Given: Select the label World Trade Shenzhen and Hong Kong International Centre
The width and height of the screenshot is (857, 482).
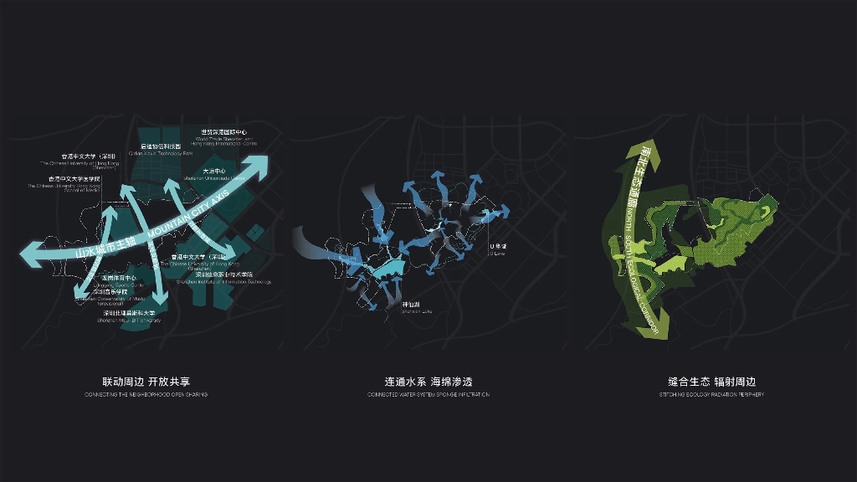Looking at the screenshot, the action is click(x=223, y=136).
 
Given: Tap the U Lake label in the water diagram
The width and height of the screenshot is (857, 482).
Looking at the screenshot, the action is click(x=499, y=249).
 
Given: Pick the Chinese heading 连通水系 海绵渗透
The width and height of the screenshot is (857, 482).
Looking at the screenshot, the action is click(x=428, y=382).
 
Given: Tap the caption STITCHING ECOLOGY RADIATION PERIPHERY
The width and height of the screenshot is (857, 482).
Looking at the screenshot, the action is click(x=711, y=394).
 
